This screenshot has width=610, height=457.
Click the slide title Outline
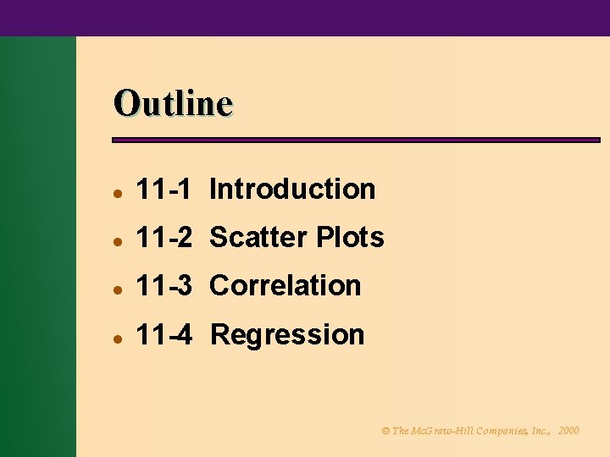pos(173,103)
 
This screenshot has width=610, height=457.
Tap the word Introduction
pos(292,189)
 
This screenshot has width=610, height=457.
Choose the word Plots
pos(350,238)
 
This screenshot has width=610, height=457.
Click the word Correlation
pos(286,286)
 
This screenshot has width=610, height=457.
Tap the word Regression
pos(287,335)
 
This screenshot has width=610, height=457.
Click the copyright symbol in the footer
pos(385,431)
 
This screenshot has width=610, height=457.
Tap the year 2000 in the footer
pos(568,431)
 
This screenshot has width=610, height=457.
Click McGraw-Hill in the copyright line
pos(437,431)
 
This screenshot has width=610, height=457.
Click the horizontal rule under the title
pos(356,140)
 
